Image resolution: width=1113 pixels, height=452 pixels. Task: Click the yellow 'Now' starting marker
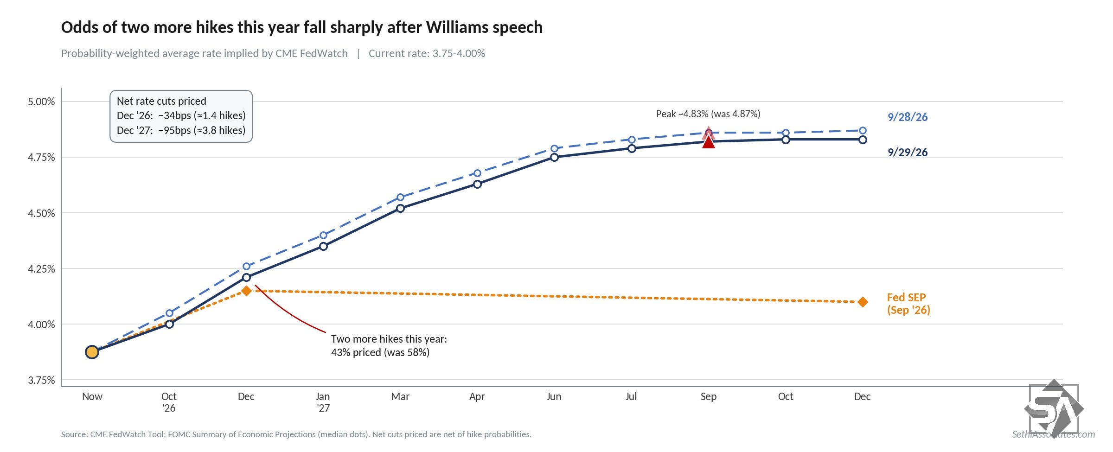92,352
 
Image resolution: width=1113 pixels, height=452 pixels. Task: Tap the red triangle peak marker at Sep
709,142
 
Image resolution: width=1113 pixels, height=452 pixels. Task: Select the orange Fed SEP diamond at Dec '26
246,291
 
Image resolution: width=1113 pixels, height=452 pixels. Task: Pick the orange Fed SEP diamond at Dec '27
863,302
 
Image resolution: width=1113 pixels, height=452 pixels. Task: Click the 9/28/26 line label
908,117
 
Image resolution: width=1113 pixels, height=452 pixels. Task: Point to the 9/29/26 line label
908,153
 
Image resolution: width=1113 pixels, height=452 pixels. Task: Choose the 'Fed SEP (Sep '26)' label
908,304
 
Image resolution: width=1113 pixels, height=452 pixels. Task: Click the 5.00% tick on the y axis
41,102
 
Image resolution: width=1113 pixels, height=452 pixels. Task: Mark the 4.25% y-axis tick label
41,269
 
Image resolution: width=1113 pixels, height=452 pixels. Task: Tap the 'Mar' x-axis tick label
400,397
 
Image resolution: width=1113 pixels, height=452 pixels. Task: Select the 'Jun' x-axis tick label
554,397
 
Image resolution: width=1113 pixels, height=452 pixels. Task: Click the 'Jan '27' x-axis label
323,402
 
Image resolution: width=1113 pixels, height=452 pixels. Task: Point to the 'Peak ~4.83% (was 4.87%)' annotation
708,114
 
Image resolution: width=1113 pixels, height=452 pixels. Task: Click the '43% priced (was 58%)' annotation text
380,352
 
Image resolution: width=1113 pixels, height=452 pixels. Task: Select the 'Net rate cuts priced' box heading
161,101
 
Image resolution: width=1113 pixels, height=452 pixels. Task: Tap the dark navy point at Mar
401,209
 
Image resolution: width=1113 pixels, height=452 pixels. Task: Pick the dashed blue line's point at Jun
555,149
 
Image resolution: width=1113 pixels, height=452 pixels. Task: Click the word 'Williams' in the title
457,28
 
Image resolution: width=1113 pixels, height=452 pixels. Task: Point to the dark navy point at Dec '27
863,140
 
